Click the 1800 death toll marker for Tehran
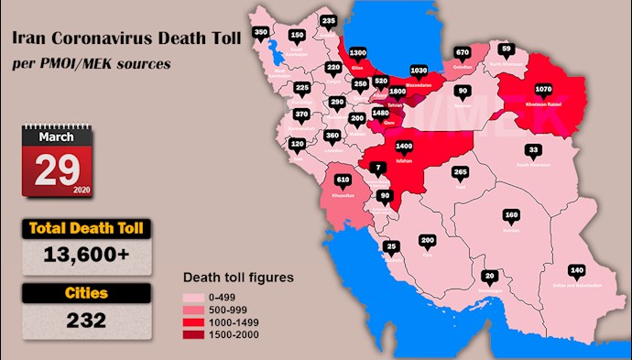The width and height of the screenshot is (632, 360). pos(397,93)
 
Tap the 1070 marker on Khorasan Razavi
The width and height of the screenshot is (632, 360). pos(543,90)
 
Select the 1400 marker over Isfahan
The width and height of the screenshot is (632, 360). pos(404,146)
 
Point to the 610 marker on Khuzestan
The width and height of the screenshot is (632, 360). pos(343,180)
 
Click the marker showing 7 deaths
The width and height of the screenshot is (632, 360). pos(380,168)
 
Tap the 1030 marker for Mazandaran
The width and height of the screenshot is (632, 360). pos(420,70)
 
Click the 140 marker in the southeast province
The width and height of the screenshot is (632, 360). pos(576,270)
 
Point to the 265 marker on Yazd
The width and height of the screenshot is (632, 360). pos(461,172)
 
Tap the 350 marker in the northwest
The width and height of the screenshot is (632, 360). pos(260,33)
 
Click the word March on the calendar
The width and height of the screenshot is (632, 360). pos(57,136)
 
